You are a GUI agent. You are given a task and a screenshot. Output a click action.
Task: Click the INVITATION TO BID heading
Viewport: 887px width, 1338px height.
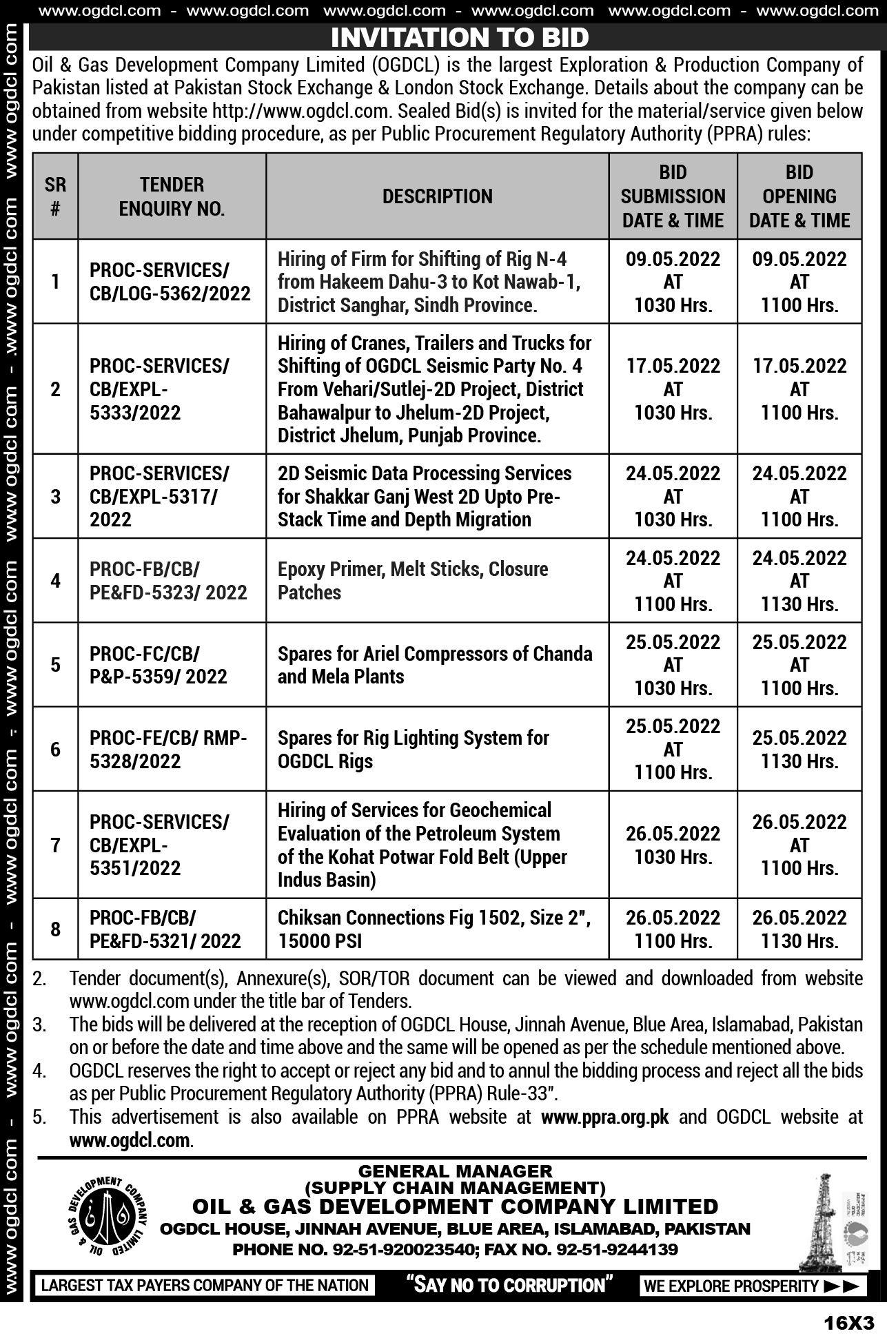pyautogui.click(x=460, y=37)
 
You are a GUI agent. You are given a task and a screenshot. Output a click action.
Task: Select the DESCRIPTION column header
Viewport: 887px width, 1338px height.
pyautogui.click(x=437, y=196)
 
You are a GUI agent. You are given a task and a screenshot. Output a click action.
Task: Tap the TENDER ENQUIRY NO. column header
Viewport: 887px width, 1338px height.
pyautogui.click(x=172, y=196)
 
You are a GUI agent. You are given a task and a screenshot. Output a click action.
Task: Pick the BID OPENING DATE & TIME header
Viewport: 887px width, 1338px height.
pyautogui.click(x=799, y=196)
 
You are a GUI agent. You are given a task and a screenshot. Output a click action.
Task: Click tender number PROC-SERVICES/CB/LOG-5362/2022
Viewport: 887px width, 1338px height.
pyautogui.click(x=170, y=282)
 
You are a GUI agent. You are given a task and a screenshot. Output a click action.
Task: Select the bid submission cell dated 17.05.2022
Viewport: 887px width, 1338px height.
pyautogui.click(x=673, y=389)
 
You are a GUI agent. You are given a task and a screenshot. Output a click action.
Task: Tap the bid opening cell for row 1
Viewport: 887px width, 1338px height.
pyautogui.click(x=799, y=282)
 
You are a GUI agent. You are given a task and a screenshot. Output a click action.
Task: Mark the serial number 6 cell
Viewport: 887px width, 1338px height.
pyautogui.click(x=55, y=749)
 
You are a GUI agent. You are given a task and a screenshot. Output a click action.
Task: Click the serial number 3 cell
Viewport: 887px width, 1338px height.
pyautogui.click(x=55, y=496)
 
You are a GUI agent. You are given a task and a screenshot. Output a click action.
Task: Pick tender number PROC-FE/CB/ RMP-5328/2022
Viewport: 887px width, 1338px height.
pyautogui.click(x=168, y=749)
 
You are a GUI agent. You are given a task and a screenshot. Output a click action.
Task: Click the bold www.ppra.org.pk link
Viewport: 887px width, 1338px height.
pyautogui.click(x=604, y=1117)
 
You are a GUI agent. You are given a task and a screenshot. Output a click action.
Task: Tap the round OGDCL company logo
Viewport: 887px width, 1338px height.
pyautogui.click(x=108, y=1217)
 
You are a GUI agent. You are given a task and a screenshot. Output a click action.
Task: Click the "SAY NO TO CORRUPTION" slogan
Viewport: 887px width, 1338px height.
pyautogui.click(x=509, y=1285)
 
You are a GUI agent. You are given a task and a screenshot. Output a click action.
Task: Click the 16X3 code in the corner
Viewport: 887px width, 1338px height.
pyautogui.click(x=848, y=1323)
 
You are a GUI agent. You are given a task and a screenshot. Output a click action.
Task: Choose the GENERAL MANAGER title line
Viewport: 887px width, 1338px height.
pyautogui.click(x=455, y=1171)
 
